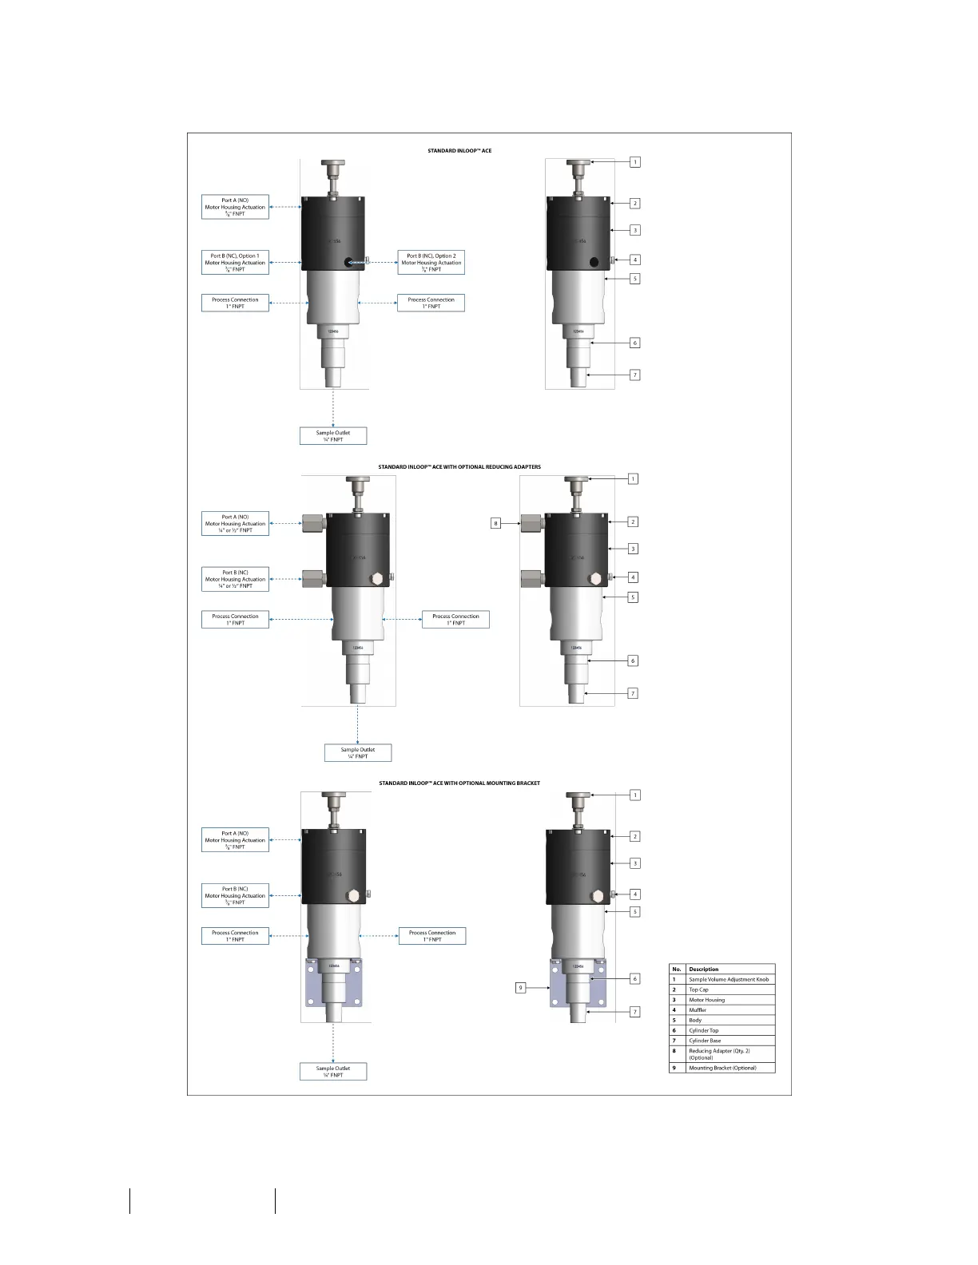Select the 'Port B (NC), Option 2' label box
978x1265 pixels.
point(431,263)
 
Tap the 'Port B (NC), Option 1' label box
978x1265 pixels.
point(235,263)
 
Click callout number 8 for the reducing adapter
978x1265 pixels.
point(495,524)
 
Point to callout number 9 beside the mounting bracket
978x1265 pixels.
point(520,988)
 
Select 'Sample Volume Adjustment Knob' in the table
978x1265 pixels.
point(728,979)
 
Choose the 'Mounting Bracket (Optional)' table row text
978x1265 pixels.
point(722,1068)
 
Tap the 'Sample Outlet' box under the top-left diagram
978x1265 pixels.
point(333,436)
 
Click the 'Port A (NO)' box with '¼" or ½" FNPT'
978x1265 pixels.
point(235,524)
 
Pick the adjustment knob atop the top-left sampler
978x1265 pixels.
point(333,165)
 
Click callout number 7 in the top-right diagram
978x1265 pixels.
point(635,375)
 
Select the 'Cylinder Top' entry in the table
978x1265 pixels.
point(703,1030)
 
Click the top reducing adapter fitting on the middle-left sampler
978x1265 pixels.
point(314,525)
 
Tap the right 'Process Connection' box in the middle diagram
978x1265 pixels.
point(455,619)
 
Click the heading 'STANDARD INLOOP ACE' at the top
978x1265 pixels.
point(459,150)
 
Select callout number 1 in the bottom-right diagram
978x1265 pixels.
point(635,795)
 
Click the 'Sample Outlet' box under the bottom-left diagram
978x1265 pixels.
point(333,1072)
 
